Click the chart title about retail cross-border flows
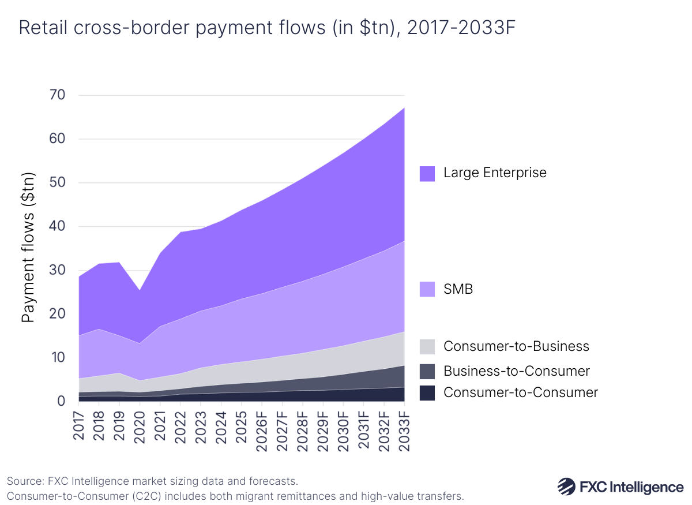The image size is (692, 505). pyautogui.click(x=263, y=28)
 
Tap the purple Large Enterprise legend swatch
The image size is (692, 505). pyautogui.click(x=427, y=173)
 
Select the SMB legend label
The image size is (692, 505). pyautogui.click(x=458, y=289)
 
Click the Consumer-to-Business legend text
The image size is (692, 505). pyautogui.click(x=516, y=346)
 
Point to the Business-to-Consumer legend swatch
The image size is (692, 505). pyautogui.click(x=427, y=371)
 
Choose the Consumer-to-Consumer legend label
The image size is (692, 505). pyautogui.click(x=520, y=393)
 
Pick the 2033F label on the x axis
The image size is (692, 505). pyautogui.click(x=405, y=429)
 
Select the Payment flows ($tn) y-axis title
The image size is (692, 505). pyautogui.click(x=29, y=248)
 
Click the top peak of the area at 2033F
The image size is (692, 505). pyautogui.click(x=404, y=108)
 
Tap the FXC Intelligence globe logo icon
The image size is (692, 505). pyautogui.click(x=566, y=486)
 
